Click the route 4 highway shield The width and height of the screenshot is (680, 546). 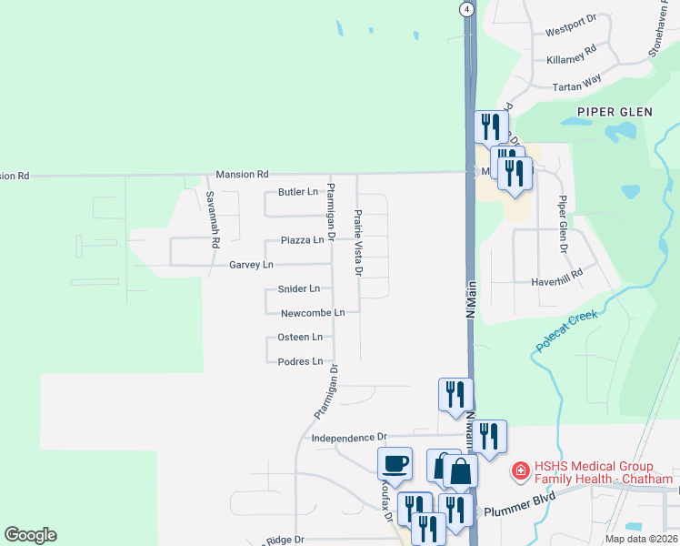465,8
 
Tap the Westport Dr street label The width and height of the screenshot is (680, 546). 570,32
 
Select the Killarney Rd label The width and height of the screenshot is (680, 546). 572,55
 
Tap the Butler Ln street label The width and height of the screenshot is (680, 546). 298,192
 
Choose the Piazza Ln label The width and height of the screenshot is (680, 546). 302,240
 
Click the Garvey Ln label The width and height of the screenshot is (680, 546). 250,265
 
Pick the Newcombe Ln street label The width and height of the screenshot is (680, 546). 313,313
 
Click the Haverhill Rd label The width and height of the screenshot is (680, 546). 556,283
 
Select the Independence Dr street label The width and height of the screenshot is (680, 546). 349,438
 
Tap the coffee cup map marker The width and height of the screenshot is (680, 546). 395,463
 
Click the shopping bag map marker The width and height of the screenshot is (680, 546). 461,471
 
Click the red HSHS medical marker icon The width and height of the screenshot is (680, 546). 521,471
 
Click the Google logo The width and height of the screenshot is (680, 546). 30,535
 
